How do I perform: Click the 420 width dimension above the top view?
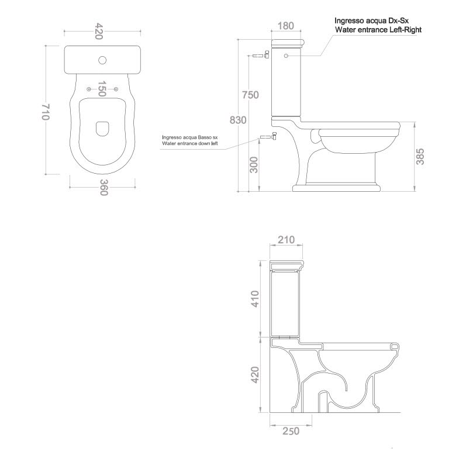(x=99, y=31)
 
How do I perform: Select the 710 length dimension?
(x=46, y=112)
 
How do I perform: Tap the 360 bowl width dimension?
(x=103, y=187)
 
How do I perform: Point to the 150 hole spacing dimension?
(x=102, y=88)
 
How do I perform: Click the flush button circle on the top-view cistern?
(x=102, y=60)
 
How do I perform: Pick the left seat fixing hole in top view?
(x=88, y=89)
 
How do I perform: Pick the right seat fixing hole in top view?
(x=116, y=89)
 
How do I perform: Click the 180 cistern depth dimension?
(x=286, y=26)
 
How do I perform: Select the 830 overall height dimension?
(x=238, y=120)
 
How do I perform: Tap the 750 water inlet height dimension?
(x=250, y=95)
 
